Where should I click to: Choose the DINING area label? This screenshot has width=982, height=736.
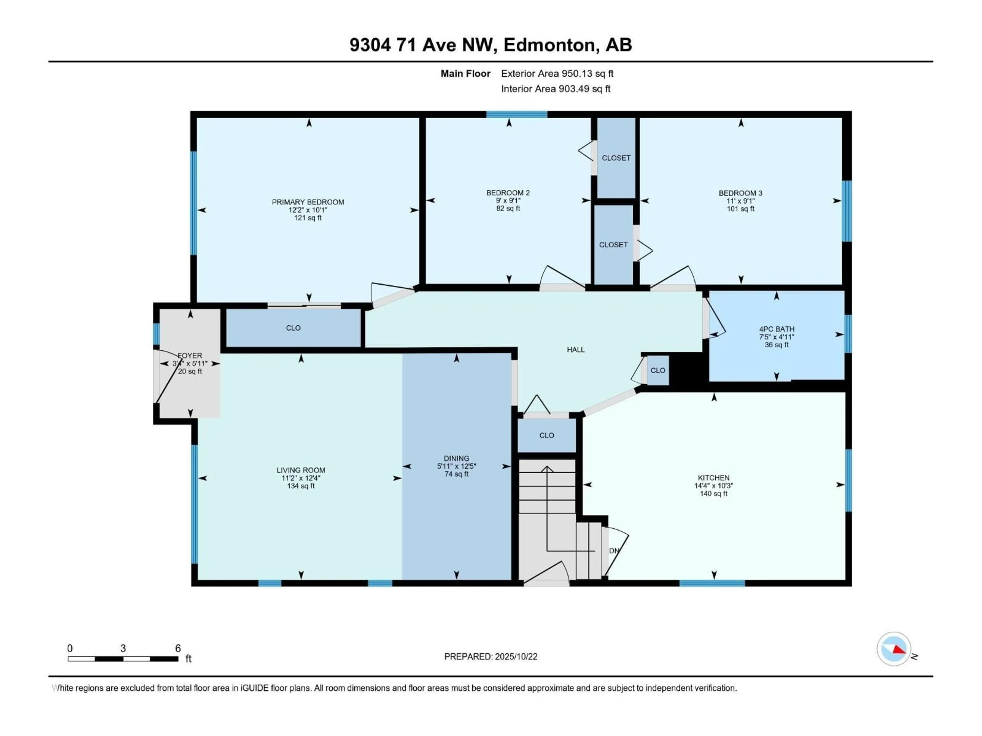456,458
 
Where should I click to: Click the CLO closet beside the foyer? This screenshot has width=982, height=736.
293,328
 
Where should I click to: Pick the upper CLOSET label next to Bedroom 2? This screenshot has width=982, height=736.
616,158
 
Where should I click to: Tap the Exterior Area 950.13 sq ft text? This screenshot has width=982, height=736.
557,74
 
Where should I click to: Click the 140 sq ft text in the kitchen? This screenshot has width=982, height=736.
713,493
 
